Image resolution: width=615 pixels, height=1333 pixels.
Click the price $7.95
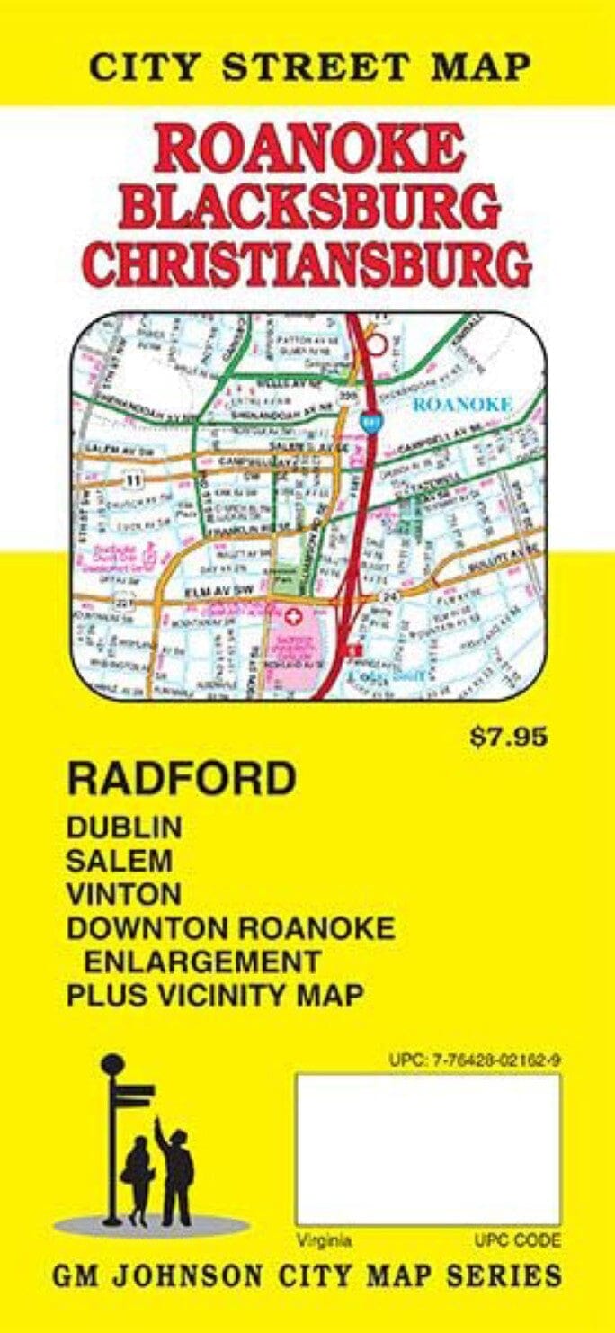(x=508, y=738)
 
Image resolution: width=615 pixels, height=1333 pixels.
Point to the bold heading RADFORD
(x=181, y=779)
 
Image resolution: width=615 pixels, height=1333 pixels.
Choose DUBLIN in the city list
(x=124, y=827)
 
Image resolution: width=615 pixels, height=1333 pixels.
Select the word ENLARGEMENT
(x=202, y=961)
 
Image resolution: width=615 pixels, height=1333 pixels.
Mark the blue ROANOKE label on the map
(x=462, y=405)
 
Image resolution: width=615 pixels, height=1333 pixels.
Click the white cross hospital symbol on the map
(x=293, y=619)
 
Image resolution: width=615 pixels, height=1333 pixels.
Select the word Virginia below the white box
(x=325, y=1241)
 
